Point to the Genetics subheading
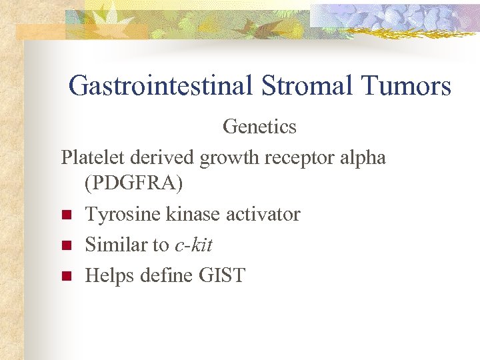click(259, 125)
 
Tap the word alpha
click(365, 158)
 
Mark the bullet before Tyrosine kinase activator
click(66, 215)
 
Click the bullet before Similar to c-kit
click(66, 246)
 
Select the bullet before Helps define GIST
click(66, 276)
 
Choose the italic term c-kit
click(193, 245)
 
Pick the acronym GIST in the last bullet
click(222, 275)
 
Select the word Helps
click(110, 276)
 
